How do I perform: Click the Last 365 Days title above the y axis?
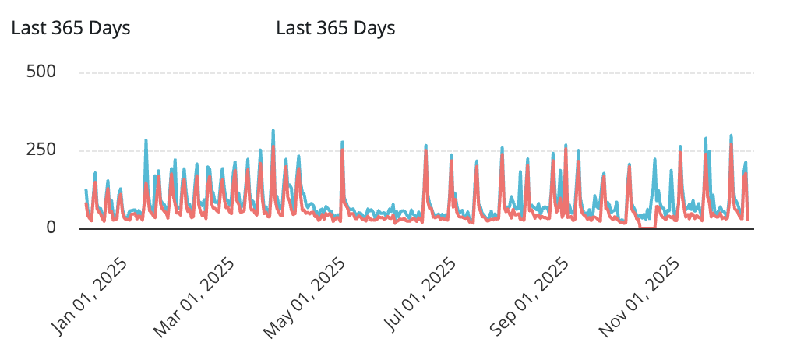pos(70,29)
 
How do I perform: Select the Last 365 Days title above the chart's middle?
pos(336,29)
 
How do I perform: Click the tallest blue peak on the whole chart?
pos(273,131)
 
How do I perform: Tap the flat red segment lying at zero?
pos(647,227)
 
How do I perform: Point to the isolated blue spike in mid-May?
pos(342,143)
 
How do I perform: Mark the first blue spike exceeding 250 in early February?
pos(146,141)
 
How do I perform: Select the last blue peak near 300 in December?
pos(731,136)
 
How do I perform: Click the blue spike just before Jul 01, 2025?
pos(425,146)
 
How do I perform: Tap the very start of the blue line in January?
pos(86,190)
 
